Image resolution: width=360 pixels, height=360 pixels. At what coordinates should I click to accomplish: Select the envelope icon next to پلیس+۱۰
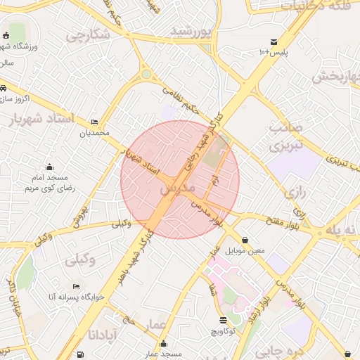(x=274, y=42)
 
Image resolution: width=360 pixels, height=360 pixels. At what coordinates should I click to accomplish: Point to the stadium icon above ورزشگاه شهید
(x=6, y=36)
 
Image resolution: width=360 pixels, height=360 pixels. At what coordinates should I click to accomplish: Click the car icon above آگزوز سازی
(x=4, y=89)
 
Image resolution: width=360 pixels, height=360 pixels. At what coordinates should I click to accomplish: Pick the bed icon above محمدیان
(x=95, y=122)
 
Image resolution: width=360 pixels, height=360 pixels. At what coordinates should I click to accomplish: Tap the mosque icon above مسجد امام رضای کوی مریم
(x=49, y=167)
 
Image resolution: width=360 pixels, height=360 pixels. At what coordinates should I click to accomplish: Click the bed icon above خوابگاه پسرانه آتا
(x=76, y=286)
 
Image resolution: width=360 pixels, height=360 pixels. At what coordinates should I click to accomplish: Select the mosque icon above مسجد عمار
(x=163, y=344)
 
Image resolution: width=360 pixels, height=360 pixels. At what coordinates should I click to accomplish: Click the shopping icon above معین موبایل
(x=245, y=240)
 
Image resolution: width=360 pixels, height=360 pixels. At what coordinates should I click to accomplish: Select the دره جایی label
(x=302, y=346)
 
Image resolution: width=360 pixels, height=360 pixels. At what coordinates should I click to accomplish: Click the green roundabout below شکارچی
(x=146, y=73)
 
